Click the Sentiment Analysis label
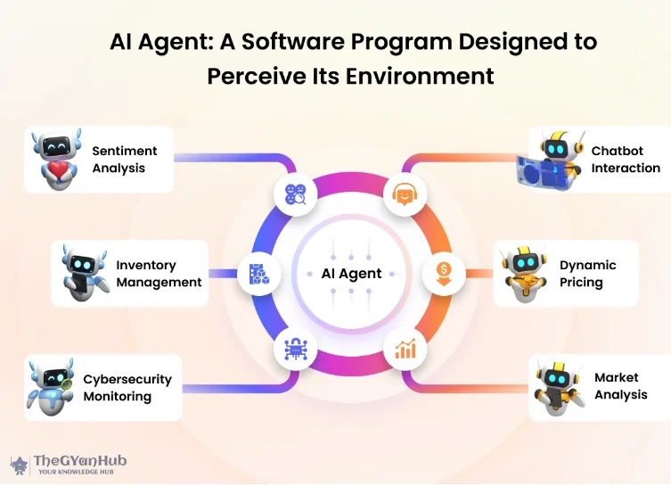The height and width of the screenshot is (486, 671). coord(125,160)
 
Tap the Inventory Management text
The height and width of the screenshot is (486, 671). coord(159,274)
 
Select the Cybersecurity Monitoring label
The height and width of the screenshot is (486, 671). coord(127,388)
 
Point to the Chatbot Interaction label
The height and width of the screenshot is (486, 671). coord(626,160)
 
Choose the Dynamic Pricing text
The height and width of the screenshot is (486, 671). coord(587,274)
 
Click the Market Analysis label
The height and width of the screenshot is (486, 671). coord(621,386)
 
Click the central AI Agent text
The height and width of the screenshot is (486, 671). coord(351,274)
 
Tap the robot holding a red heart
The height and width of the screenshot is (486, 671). coord(55,159)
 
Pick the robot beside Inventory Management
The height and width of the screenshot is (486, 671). coord(84,273)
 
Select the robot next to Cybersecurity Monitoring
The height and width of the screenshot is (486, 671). coord(50,387)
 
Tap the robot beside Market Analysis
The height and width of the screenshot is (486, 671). coord(557,387)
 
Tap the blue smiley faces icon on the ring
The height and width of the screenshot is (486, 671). coord(296,195)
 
